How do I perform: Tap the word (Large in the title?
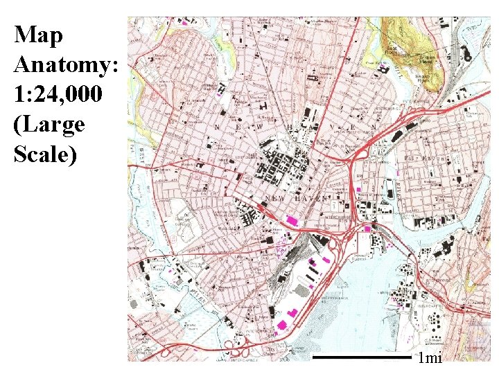tap(49, 125)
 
